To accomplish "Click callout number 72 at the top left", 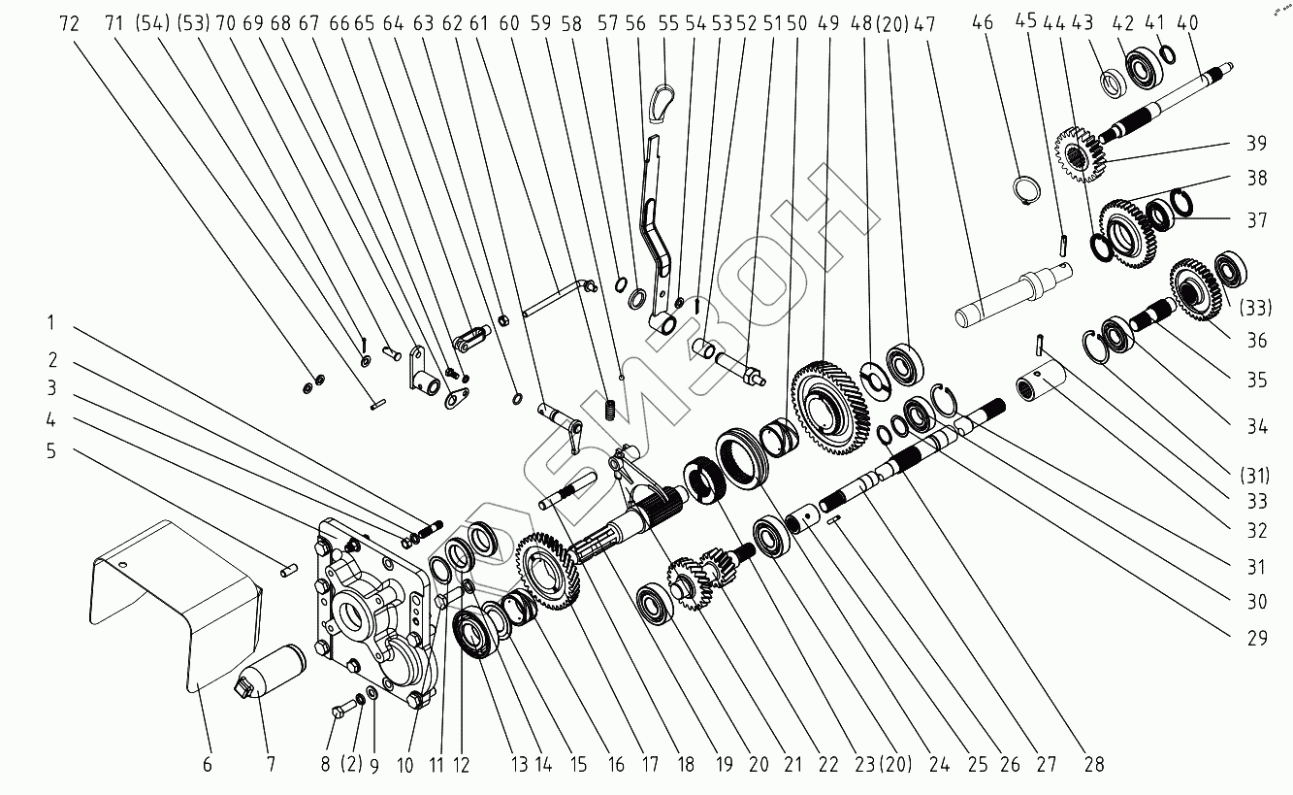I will pyautogui.click(x=69, y=23).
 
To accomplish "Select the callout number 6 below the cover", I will pyautogui.click(x=207, y=764).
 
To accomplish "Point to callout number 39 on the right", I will pyautogui.click(x=1257, y=144).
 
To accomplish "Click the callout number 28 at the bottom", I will pyautogui.click(x=1093, y=764).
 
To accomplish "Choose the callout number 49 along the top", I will pyautogui.click(x=827, y=23).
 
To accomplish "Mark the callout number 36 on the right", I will pyautogui.click(x=1257, y=340).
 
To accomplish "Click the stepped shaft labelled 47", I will pyautogui.click(x=1018, y=296).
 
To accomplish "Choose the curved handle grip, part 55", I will pyautogui.click(x=664, y=103).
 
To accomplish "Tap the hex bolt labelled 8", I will pyautogui.click(x=342, y=712).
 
